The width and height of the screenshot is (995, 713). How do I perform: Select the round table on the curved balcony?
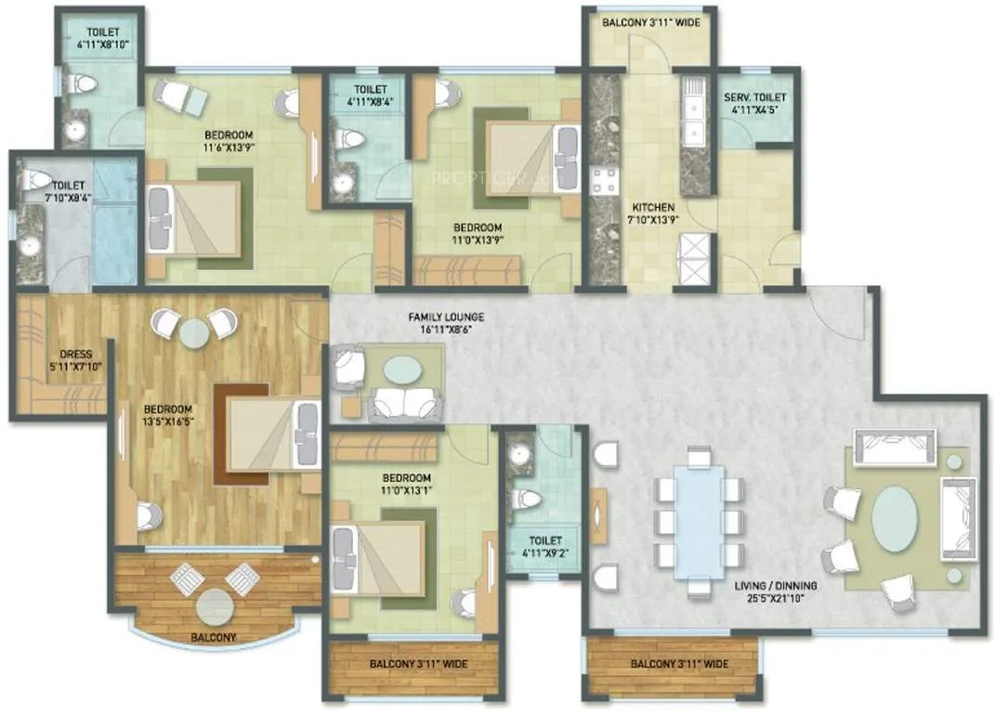click(215, 606)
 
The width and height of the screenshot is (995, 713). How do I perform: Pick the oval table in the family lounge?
click(401, 370)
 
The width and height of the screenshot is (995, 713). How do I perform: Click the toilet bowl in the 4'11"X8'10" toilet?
click(83, 84)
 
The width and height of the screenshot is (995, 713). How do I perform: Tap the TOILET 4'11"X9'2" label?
click(542, 543)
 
